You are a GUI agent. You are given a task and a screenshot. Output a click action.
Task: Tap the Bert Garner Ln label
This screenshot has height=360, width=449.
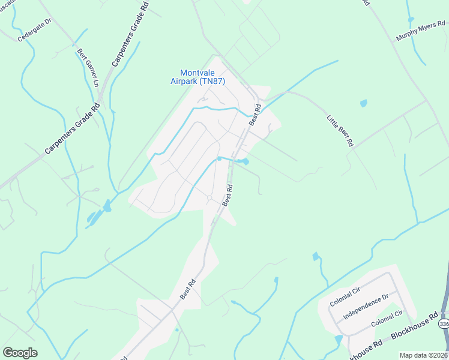coord(87,67)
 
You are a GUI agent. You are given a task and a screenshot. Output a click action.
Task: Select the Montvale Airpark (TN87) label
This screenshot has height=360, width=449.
coord(197,77)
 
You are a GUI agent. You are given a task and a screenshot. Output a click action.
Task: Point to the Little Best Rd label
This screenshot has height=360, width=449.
coord(339,131)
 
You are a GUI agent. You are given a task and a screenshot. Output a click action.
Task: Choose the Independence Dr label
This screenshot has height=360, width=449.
coord(366,306)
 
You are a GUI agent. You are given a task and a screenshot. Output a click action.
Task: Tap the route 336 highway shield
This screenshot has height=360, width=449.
coord(444,323)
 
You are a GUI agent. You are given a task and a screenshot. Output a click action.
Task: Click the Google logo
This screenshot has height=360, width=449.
coord(20,353)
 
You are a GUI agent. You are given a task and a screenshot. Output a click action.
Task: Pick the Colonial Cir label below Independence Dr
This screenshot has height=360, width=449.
coord(387,319)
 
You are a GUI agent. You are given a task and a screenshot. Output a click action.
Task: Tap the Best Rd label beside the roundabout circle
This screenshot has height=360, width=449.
coord(228,195)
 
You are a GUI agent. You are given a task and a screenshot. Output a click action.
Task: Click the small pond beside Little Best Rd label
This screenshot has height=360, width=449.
coord(363,104)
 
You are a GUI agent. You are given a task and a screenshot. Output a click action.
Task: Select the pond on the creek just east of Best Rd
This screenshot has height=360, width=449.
coord(243,161)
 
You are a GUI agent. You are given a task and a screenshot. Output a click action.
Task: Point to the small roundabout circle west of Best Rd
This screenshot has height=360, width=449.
coord(209,197)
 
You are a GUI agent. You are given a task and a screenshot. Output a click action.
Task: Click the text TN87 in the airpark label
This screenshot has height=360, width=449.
coord(213,81)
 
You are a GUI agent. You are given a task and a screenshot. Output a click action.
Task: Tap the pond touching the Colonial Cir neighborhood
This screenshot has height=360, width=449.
coord(339,339)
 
